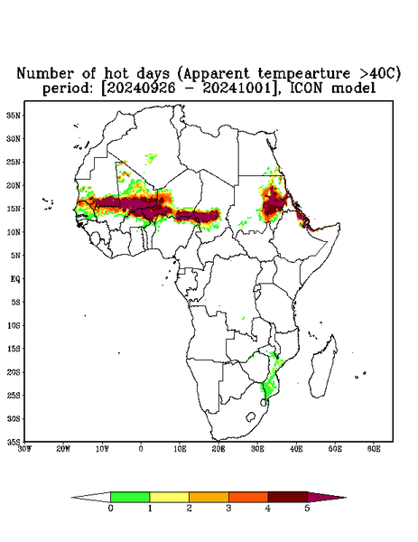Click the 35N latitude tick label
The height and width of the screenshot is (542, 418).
[14, 115]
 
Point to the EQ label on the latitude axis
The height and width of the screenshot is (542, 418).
[15, 278]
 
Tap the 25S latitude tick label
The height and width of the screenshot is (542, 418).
[14, 395]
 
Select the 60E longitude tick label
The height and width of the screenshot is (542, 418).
[374, 449]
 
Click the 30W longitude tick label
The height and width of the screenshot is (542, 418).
[24, 449]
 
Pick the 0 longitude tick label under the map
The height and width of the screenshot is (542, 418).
[141, 449]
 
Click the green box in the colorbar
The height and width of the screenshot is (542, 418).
[130, 497]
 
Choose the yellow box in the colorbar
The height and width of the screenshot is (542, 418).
[169, 497]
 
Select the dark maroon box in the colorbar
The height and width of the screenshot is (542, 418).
[288, 497]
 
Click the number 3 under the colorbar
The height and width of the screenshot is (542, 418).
[228, 509]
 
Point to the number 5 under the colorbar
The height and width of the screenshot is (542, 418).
[307, 509]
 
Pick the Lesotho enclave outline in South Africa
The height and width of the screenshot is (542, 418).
[251, 416]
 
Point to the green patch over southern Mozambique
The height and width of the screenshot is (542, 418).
[266, 388]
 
